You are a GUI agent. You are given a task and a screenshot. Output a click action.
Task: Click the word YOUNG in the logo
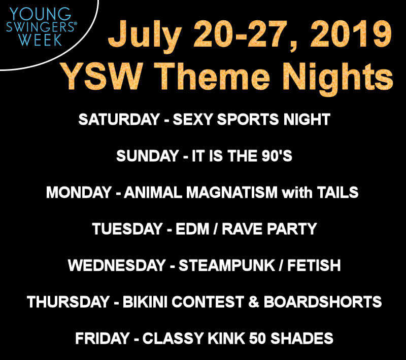tap(40, 14)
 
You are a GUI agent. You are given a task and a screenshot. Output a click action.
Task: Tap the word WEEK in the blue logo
tap(40, 40)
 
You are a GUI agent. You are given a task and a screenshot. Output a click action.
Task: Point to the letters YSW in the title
tap(102, 76)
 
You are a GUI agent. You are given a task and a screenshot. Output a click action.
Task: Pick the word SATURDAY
tap(119, 119)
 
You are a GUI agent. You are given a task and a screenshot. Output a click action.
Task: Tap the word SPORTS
tap(248, 119)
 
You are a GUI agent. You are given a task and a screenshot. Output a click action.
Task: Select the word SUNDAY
tap(148, 156)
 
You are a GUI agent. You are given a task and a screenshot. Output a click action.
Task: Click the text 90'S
tap(277, 156)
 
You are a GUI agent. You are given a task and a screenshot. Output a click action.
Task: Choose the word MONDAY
tap(79, 192)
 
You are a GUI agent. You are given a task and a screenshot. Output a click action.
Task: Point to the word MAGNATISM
tap(232, 192)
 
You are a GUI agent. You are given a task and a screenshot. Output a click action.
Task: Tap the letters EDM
tap(192, 229)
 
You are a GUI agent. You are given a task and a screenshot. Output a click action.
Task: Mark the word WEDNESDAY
tap(117, 265)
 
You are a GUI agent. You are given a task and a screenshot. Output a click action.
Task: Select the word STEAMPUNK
tap(226, 265)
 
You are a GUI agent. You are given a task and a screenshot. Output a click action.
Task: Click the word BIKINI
tap(145, 302)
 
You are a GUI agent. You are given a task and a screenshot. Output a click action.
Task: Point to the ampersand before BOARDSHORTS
tap(254, 302)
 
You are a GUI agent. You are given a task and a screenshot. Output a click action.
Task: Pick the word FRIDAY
tap(103, 338)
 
